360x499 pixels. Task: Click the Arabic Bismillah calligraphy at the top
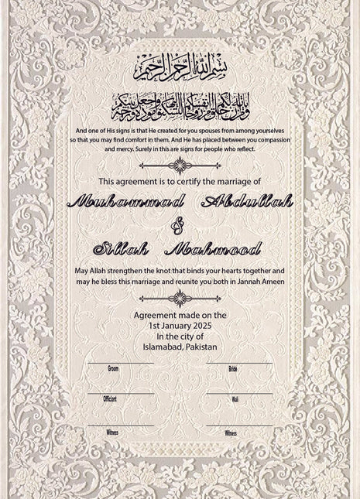pyautogui.click(x=180, y=67)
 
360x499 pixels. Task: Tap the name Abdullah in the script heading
pyautogui.click(x=247, y=203)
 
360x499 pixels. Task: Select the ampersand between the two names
pyautogui.click(x=180, y=226)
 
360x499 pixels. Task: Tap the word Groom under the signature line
pyautogui.click(x=113, y=369)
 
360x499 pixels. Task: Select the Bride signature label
pyautogui.click(x=232, y=369)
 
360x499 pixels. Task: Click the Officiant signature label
pyautogui.click(x=110, y=399)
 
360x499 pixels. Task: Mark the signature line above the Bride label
pyautogui.click(x=240, y=363)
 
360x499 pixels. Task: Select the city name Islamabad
pyautogui.click(x=163, y=347)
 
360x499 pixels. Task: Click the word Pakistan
pyautogui.click(x=202, y=347)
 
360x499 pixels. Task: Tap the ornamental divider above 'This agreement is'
pyautogui.click(x=180, y=165)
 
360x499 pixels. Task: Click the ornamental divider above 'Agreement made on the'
pyautogui.click(x=180, y=299)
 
